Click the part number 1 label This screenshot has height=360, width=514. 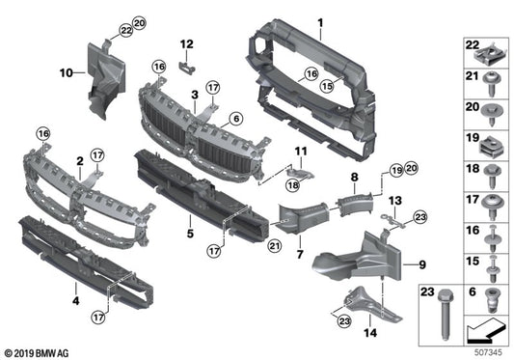pyautogui.click(x=322, y=22)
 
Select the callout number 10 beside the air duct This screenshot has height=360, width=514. pyautogui.click(x=66, y=71)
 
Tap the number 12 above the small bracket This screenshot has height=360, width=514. pyautogui.click(x=187, y=43)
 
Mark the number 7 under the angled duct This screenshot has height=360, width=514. pyautogui.click(x=299, y=254)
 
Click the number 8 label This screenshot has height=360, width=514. pyautogui.click(x=354, y=178)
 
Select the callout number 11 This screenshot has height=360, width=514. pyautogui.click(x=301, y=151)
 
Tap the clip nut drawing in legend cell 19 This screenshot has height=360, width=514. pyautogui.click(x=490, y=148)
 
